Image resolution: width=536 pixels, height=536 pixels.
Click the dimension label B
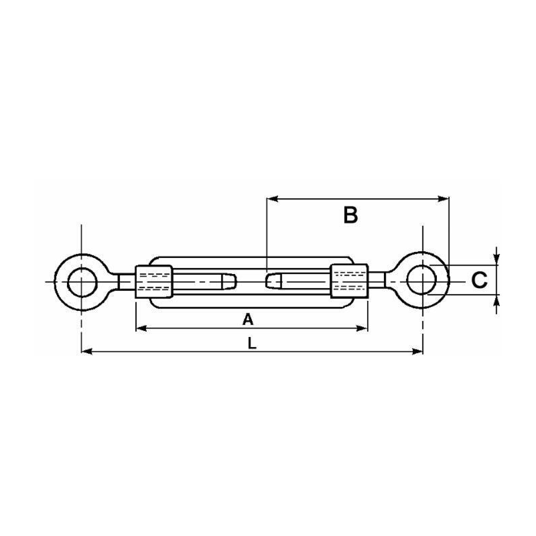[x=350, y=215]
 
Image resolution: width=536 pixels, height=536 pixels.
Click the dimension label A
[x=248, y=320]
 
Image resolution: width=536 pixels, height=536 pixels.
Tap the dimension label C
[x=478, y=280]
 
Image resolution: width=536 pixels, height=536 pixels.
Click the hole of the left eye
[x=81, y=281]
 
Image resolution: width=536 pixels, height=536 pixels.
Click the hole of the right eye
[x=423, y=280]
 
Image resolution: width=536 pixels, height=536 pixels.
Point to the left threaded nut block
[x=153, y=281]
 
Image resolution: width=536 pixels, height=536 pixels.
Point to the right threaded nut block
[x=349, y=281]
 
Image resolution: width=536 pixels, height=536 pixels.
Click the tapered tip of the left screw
[x=230, y=280]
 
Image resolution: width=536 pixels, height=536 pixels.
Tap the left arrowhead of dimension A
[x=140, y=328]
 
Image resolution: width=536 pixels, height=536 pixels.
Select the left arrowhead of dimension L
[x=86, y=350]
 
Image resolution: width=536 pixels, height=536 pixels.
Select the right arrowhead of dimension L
[x=419, y=350]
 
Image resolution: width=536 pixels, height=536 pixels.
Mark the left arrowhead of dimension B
[x=271, y=198]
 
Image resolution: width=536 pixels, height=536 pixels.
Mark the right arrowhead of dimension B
[x=444, y=198]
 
